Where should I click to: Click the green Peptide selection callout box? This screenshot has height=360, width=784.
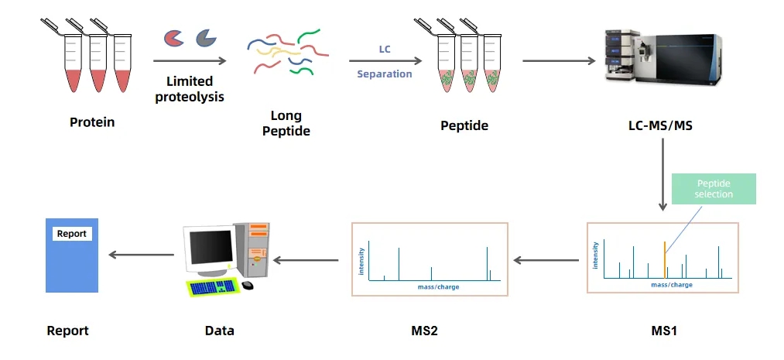pos(714,189)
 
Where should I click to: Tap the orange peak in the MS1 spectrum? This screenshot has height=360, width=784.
pos(665,259)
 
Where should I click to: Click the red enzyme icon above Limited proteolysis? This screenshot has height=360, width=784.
pos(174,37)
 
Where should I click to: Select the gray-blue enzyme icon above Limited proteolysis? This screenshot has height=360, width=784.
pos(206,36)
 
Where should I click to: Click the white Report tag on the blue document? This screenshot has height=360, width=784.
pos(72,234)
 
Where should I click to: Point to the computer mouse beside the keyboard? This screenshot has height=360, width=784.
pos(247,285)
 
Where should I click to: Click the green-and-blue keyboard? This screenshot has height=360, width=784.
pos(211,286)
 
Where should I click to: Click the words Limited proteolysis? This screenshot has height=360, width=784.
pos(190,89)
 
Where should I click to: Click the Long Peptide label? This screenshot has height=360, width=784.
pos(286,124)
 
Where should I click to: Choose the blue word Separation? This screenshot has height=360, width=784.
pos(385,74)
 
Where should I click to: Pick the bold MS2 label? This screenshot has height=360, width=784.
pos(424,331)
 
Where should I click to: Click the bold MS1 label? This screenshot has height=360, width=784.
pos(663,331)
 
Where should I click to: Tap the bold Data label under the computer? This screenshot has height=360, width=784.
pos(219,331)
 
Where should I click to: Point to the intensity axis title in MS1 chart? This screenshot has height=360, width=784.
pos(595,255)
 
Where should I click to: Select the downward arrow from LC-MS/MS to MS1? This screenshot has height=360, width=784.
pos(662,178)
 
